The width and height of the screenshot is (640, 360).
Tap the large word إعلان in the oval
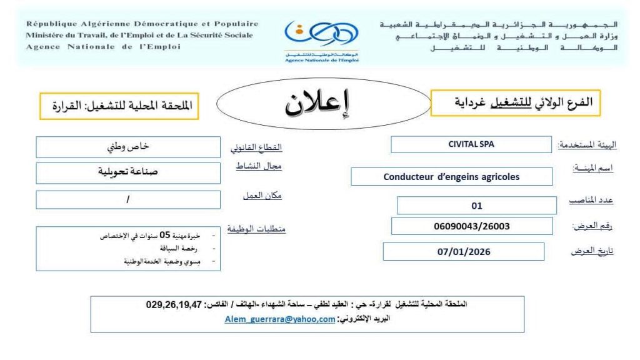tap(317, 105)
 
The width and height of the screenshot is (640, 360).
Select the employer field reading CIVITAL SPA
tap(471, 144)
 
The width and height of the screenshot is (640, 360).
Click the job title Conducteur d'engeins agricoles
tap(451, 176)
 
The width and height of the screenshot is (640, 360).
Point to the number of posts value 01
tap(476, 205)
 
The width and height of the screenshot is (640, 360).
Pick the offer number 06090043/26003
tap(472, 226)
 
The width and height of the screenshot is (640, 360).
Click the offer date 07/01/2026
tap(464, 252)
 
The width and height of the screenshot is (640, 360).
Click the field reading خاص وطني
tap(128, 147)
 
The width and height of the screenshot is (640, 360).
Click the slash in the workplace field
tap(128, 199)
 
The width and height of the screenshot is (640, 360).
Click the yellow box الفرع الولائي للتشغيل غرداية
tap(516, 102)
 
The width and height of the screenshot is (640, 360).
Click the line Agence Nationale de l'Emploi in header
tap(103, 46)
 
